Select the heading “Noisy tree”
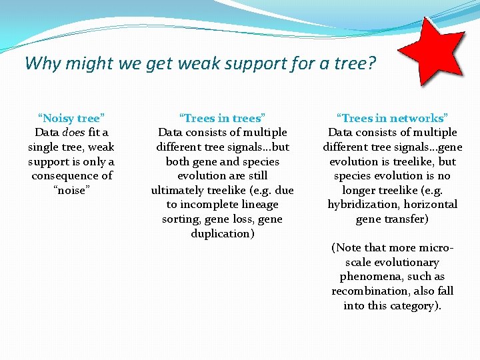pos(71,118)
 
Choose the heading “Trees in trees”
pos(222,118)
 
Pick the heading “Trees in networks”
pos(392,118)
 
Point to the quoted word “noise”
pos(71,191)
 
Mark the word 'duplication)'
pos(222,234)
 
